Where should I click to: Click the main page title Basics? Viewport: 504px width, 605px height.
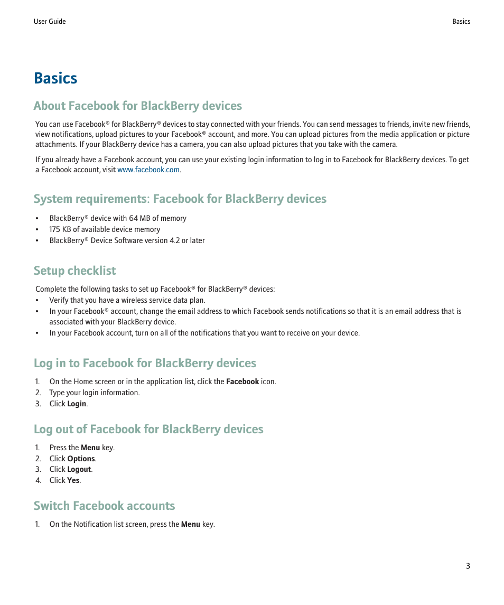(x=55, y=78)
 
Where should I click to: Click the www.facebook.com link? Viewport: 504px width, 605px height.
(x=148, y=170)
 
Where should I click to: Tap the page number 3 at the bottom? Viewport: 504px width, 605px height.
(x=468, y=566)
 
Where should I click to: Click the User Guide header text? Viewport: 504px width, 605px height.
(x=50, y=22)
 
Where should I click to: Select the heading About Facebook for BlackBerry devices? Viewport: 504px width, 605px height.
(x=137, y=106)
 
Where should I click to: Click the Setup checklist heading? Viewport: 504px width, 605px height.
(x=74, y=271)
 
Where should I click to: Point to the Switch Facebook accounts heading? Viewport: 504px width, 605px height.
(x=104, y=506)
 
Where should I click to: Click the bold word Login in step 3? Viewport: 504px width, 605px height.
(x=77, y=404)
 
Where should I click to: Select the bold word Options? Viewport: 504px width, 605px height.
(x=81, y=459)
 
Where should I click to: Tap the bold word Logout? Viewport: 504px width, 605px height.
(x=79, y=469)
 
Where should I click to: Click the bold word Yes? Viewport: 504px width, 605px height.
(x=73, y=480)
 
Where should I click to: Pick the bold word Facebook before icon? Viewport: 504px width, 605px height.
(x=242, y=381)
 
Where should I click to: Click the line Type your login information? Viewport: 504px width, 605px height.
(x=95, y=393)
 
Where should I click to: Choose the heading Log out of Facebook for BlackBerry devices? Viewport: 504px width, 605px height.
(x=148, y=429)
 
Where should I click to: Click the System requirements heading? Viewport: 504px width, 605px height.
(x=180, y=199)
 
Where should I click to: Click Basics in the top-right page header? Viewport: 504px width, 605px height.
(x=461, y=22)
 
